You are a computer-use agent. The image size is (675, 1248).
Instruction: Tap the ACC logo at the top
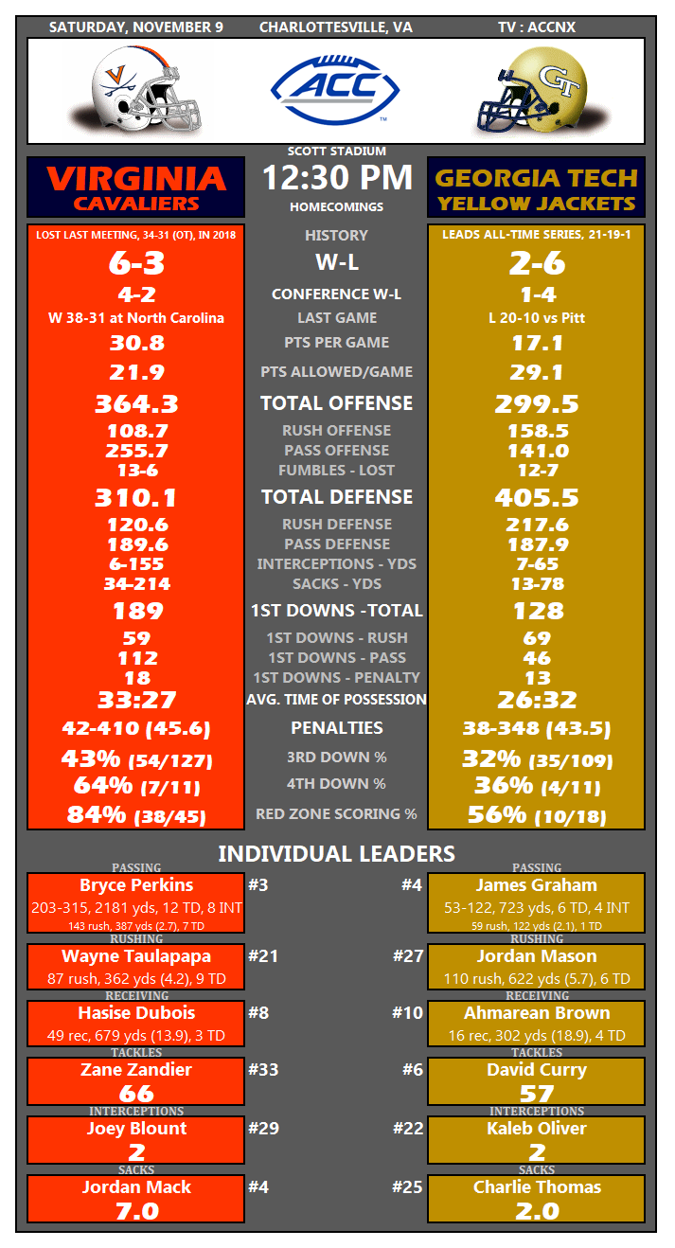click(336, 90)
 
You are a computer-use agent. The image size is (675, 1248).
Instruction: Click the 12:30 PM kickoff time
click(337, 177)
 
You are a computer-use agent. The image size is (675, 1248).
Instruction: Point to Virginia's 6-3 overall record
click(136, 263)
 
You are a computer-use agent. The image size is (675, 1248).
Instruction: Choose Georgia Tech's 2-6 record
click(536, 263)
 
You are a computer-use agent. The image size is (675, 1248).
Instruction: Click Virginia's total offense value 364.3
click(136, 404)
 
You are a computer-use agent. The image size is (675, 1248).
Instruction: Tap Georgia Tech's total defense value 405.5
click(536, 498)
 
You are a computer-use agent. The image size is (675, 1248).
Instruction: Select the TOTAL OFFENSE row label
click(337, 403)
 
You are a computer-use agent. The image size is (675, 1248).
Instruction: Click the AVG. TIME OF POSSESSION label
click(337, 700)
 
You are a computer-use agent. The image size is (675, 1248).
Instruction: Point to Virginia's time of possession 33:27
click(136, 700)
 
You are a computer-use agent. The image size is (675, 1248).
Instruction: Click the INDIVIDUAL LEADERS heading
click(337, 853)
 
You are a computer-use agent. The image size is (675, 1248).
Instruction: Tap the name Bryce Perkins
click(136, 886)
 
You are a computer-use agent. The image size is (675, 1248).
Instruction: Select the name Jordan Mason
click(536, 956)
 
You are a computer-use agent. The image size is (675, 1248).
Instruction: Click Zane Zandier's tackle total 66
click(136, 1094)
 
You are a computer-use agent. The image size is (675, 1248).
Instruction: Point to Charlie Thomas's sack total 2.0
click(536, 1210)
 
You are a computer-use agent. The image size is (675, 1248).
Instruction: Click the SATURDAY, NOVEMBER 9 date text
click(136, 27)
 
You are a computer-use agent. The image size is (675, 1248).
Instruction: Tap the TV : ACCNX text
click(536, 27)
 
